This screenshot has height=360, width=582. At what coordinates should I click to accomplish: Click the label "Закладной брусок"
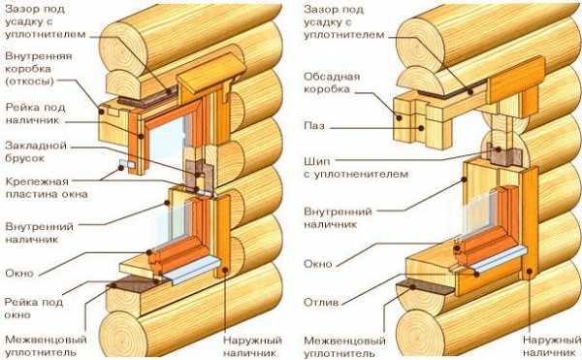click(36, 151)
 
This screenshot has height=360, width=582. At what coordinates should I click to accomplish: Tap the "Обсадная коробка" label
click(332, 83)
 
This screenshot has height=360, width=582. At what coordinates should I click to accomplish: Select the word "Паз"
click(314, 126)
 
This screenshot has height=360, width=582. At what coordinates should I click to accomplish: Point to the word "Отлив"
click(321, 303)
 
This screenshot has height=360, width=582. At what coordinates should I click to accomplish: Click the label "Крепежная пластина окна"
click(47, 188)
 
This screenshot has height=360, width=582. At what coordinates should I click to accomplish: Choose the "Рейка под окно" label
click(33, 309)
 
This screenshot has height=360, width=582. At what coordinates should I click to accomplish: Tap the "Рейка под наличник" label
click(35, 114)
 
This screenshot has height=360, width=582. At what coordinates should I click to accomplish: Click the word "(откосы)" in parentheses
click(29, 82)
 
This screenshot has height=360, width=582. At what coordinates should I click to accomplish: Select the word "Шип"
click(316, 162)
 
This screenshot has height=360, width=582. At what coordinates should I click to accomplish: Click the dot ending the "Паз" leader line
click(421, 128)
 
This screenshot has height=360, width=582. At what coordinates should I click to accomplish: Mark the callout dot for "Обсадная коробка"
click(400, 118)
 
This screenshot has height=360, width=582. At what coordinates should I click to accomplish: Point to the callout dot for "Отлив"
click(476, 274)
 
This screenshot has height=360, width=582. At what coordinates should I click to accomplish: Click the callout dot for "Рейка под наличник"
click(141, 137)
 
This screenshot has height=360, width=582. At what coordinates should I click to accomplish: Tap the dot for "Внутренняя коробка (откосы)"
click(101, 112)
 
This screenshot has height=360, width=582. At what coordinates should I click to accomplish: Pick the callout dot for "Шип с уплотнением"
click(499, 149)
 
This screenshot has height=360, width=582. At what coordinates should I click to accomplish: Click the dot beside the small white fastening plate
click(121, 168)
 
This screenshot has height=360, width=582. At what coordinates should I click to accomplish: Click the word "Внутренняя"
click(39, 56)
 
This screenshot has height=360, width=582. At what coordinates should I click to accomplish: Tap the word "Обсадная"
click(332, 77)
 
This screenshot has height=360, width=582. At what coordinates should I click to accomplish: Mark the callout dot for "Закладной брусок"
click(198, 175)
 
